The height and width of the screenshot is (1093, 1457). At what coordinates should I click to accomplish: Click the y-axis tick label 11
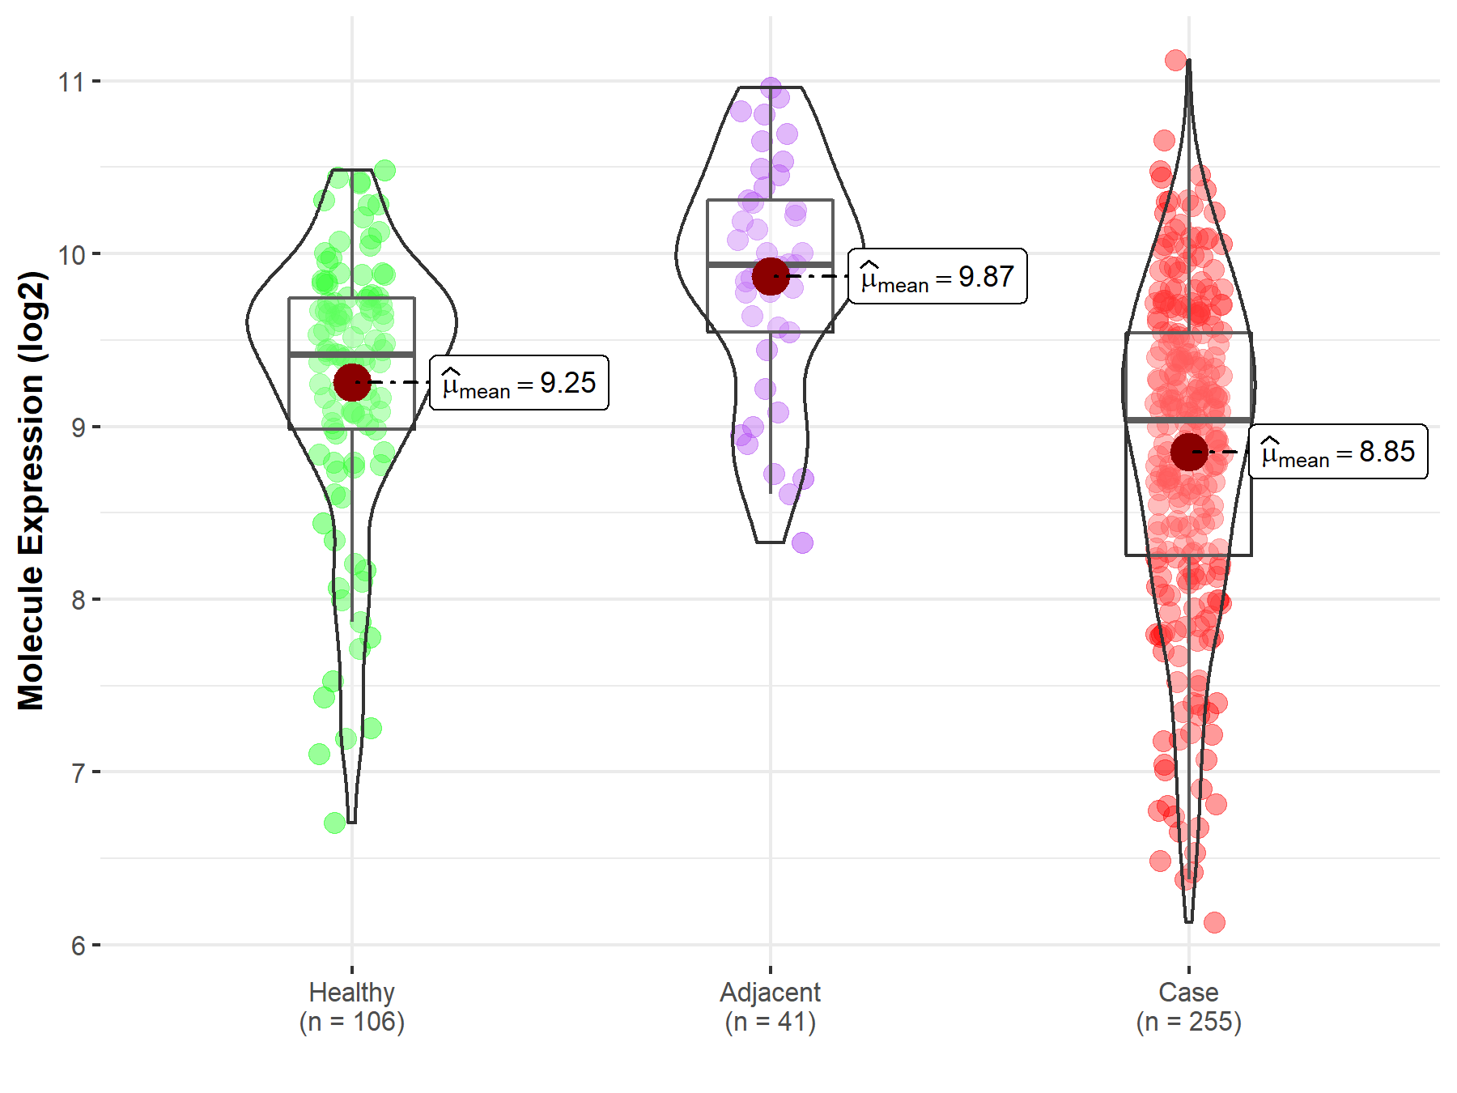[x=71, y=82]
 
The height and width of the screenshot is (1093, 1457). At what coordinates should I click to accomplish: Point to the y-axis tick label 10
[x=71, y=254]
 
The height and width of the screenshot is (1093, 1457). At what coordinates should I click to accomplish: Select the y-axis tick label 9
[x=78, y=427]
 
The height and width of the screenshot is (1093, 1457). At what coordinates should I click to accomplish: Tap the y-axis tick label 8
[x=78, y=600]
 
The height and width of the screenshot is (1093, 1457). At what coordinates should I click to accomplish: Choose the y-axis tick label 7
[x=78, y=772]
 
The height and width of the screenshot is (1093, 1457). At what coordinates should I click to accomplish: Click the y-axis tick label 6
[x=78, y=945]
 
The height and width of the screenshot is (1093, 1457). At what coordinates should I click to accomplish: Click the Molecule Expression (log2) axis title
[x=31, y=491]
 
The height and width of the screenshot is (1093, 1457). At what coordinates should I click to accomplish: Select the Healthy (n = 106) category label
[x=352, y=1006]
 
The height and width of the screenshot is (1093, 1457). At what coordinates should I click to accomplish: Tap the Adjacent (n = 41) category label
[x=770, y=1006]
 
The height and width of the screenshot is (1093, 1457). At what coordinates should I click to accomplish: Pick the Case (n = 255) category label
[x=1188, y=1006]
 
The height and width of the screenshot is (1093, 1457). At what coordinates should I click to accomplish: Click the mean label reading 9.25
[x=519, y=383]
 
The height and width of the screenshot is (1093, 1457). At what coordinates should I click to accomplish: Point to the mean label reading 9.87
[x=937, y=277]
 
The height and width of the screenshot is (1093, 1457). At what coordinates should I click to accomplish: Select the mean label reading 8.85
[x=1338, y=452]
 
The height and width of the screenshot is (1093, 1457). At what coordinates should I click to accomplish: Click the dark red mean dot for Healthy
[x=352, y=382]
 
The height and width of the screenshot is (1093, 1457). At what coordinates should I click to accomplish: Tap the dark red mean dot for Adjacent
[x=771, y=276]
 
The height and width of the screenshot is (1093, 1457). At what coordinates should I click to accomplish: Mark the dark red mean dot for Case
[x=1189, y=452]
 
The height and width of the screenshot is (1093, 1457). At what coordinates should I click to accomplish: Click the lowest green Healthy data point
[x=335, y=823]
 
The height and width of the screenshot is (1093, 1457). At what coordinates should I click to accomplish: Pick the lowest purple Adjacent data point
[x=802, y=542]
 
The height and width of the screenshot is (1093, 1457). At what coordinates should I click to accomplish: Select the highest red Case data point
[x=1176, y=60]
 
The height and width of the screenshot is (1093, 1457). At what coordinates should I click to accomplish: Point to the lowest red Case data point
[x=1214, y=922]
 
